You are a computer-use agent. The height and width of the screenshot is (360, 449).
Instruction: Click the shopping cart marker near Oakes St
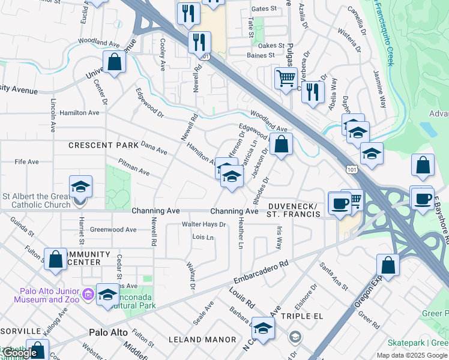pyautogui.click(x=286, y=77)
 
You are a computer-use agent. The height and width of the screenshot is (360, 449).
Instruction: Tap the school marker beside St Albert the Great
pyautogui.click(x=80, y=186)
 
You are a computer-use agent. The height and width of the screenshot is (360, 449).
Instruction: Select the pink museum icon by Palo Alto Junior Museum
pyautogui.click(x=88, y=294)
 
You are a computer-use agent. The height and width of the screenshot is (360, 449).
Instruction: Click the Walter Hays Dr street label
pyautogui.click(x=203, y=224)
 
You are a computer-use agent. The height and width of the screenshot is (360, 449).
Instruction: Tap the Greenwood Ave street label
pyautogui.click(x=113, y=229)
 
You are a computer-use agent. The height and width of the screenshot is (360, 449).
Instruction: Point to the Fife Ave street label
pyautogui.click(x=26, y=162)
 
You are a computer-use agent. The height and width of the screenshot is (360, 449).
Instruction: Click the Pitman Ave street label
pyautogui.click(x=133, y=167)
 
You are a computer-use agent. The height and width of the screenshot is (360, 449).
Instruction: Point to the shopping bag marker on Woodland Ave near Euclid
pyautogui.click(x=113, y=61)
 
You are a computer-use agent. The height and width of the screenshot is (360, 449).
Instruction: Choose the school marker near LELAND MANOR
pyautogui.click(x=263, y=328)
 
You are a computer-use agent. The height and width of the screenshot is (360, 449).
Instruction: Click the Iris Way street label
pyautogui.click(x=279, y=238)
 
